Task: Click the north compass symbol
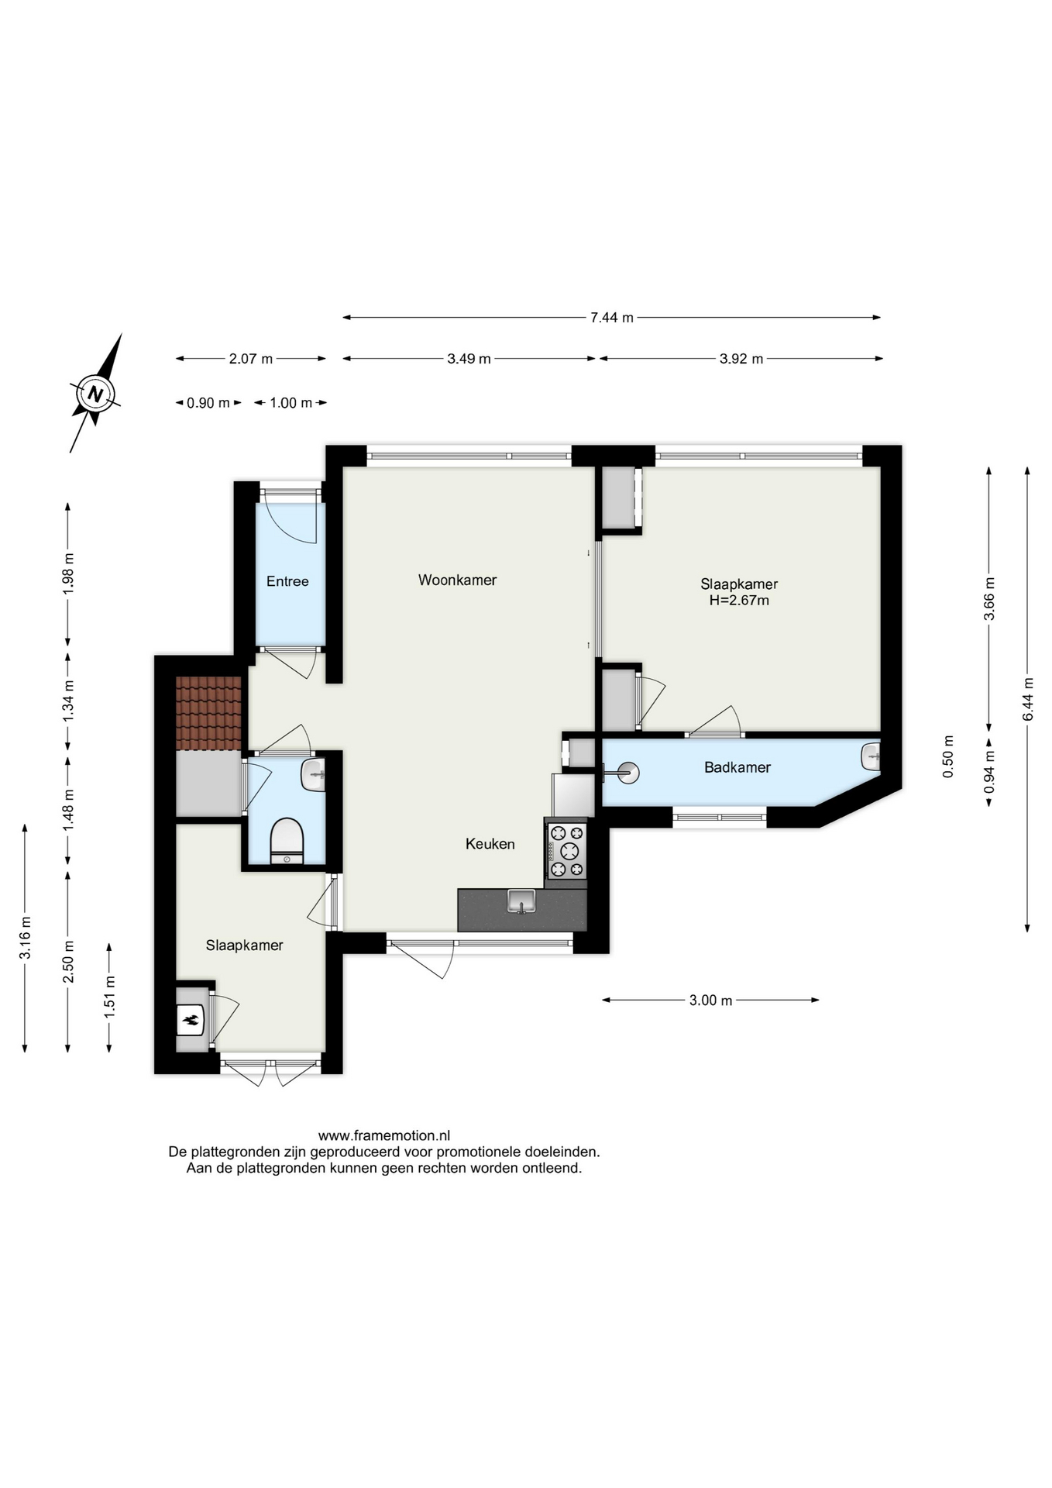(96, 393)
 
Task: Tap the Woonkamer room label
(457, 580)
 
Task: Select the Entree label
(287, 581)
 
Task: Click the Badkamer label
(737, 767)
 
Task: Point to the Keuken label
(490, 844)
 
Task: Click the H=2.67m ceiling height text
(739, 601)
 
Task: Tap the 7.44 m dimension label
(612, 317)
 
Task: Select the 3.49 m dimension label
(469, 359)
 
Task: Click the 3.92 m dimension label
(741, 359)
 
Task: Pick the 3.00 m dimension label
(710, 1001)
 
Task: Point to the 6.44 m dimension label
(1029, 699)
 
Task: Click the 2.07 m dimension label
(251, 359)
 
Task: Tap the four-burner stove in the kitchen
(566, 850)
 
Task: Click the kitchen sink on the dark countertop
(521, 901)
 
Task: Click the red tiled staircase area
(208, 713)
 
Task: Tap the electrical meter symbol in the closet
(191, 1020)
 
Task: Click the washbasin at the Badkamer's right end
(871, 755)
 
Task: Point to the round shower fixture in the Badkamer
(627, 772)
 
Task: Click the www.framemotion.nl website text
(384, 1136)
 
